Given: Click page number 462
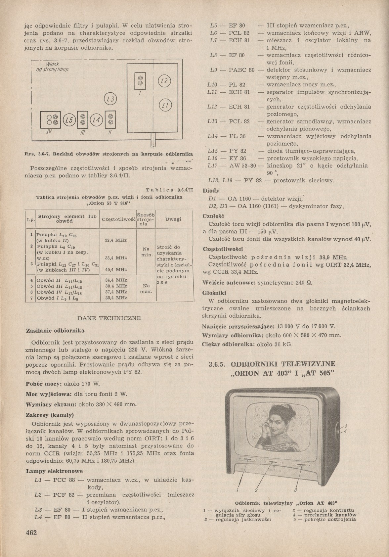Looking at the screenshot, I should (31, 533).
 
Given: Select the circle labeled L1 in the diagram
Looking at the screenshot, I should (165, 106).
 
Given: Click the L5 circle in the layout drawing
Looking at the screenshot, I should (69, 120).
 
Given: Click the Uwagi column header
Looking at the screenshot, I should (173, 219).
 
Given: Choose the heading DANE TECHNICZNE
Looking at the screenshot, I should (109, 318).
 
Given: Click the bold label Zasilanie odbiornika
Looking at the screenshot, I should (55, 330).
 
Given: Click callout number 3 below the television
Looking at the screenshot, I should (295, 490).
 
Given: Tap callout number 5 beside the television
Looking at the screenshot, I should (346, 426).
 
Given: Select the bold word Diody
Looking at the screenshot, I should (210, 191).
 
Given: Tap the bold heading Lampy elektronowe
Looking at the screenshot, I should (54, 471).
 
